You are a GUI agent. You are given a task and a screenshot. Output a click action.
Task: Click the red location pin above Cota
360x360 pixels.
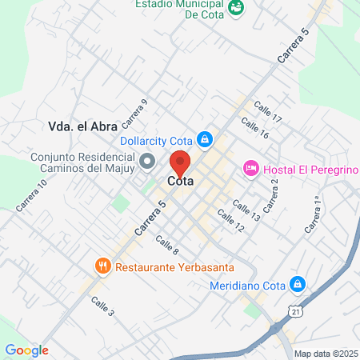click(x=180, y=163)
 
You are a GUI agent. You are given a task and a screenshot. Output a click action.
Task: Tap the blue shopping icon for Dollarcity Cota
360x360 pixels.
click(x=205, y=140)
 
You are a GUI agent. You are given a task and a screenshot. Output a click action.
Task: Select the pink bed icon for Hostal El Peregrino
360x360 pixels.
click(x=251, y=168)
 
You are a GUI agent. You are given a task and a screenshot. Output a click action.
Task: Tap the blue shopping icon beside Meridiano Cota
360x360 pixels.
click(x=297, y=284)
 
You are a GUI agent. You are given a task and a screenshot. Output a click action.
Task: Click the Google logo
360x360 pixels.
click(x=26, y=350)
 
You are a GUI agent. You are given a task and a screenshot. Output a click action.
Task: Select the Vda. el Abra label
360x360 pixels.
click(x=82, y=126)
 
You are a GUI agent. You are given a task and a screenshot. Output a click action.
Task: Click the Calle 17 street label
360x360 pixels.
click(x=268, y=113)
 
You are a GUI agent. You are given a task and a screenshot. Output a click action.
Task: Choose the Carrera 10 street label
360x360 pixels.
click(x=32, y=195)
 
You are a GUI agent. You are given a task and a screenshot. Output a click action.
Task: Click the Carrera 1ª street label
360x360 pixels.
click(x=312, y=215)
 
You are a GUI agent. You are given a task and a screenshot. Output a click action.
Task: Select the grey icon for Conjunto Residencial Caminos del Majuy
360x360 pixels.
click(x=147, y=163)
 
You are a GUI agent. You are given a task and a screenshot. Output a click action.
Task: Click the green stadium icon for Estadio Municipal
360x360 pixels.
click(x=236, y=7)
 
